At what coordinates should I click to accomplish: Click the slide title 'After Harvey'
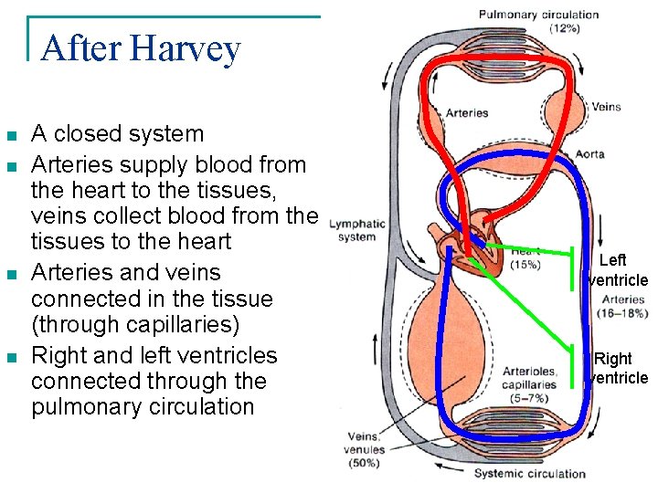click(x=141, y=48)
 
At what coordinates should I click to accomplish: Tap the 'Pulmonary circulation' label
click(x=539, y=15)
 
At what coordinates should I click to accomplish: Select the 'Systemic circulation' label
click(x=529, y=474)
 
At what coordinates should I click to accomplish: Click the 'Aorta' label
click(x=589, y=154)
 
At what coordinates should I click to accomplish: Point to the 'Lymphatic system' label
click(x=356, y=230)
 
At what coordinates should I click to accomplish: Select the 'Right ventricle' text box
click(x=619, y=368)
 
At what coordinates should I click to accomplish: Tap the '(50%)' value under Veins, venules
click(x=364, y=463)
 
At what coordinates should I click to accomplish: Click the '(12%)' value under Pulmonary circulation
click(x=564, y=28)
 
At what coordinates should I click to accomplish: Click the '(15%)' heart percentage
click(x=525, y=265)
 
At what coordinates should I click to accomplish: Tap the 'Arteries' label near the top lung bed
click(x=466, y=113)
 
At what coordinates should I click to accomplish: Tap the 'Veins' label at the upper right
click(x=606, y=107)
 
